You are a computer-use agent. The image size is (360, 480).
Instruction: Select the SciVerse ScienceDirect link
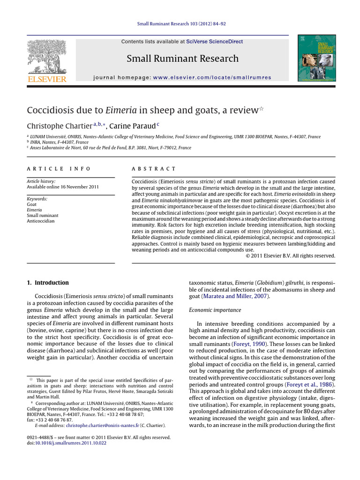click(214, 42)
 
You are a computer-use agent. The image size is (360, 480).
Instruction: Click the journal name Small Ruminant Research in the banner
click(182, 59)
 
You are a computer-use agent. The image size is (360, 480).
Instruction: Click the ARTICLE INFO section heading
click(59, 169)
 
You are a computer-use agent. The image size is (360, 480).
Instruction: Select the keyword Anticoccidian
click(41, 221)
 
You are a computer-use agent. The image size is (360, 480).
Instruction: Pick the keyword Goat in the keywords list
click(32, 204)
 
